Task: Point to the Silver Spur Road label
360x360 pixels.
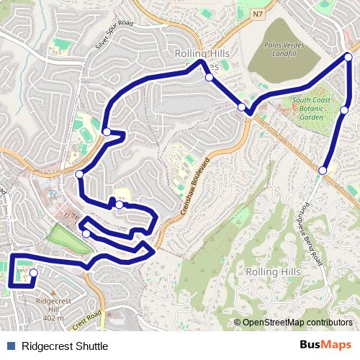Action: (x=115, y=35)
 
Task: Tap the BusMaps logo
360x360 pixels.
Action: (x=325, y=345)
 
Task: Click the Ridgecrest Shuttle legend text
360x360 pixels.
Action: (x=65, y=346)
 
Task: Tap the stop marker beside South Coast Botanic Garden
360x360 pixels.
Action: (x=344, y=110)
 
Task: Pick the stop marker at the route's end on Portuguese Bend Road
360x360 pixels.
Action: (x=323, y=170)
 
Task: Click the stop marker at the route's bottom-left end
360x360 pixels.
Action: (x=33, y=273)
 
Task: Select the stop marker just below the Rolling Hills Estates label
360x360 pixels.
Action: (x=209, y=77)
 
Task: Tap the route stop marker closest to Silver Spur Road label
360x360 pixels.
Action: (x=107, y=132)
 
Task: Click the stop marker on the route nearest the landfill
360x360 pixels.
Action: (x=241, y=107)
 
